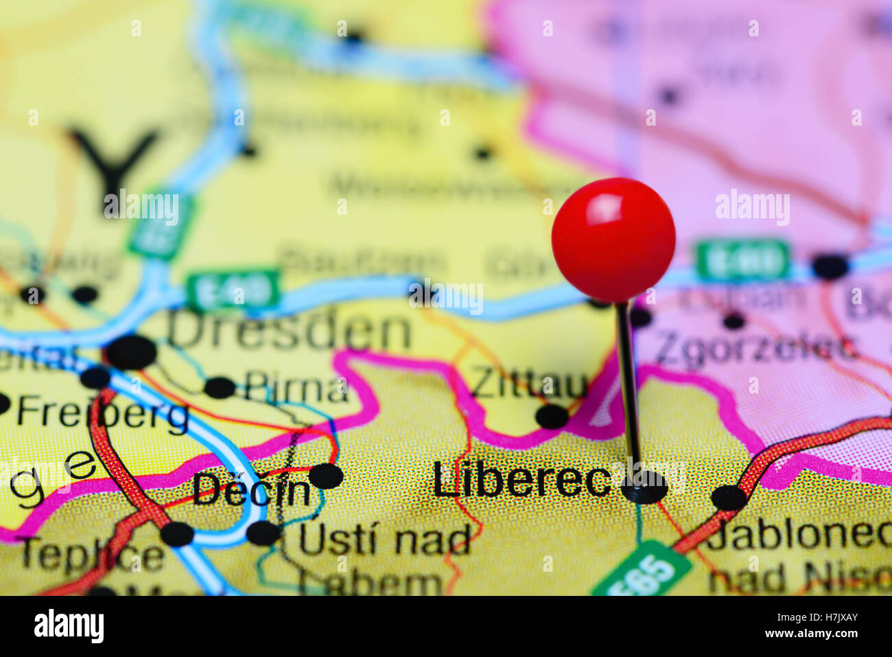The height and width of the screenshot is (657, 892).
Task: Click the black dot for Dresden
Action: point(131,352)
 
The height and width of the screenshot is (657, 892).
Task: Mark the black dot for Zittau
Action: point(552,416)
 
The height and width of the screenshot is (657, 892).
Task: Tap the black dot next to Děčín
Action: point(325,476)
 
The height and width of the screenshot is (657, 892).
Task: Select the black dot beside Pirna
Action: point(220,387)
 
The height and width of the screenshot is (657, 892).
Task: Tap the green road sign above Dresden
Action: point(234,290)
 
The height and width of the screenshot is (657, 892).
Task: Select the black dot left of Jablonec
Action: point(729,498)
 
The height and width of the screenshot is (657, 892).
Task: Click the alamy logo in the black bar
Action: point(69,625)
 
